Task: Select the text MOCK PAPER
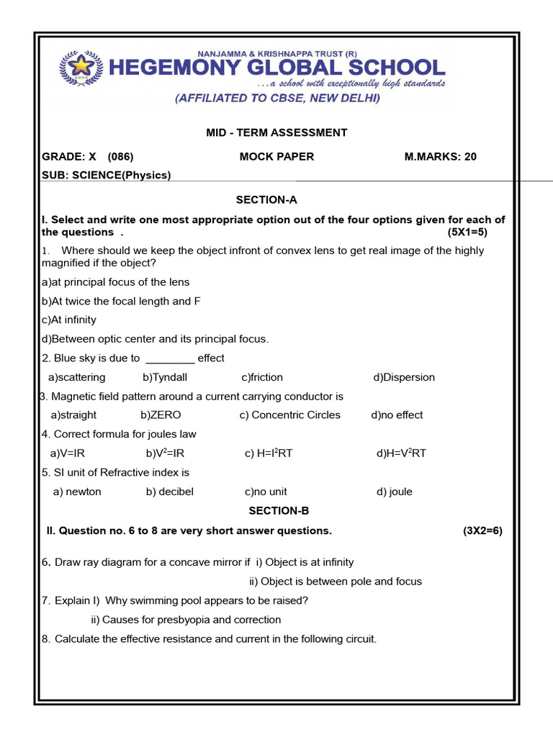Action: pyautogui.click(x=276, y=156)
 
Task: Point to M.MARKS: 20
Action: pyautogui.click(x=441, y=156)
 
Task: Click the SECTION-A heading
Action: pyautogui.click(x=266, y=200)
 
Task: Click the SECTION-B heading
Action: pyautogui.click(x=279, y=511)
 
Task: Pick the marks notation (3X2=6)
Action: pyautogui.click(x=482, y=531)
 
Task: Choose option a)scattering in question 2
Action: pyautogui.click(x=76, y=377)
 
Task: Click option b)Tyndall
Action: pyautogui.click(x=165, y=377)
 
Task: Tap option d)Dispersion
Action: pyautogui.click(x=404, y=377)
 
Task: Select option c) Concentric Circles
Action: pyautogui.click(x=290, y=415)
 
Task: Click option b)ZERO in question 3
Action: pyautogui.click(x=161, y=415)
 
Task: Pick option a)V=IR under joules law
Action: pyautogui.click(x=68, y=453)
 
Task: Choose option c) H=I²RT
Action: pyautogui.click(x=269, y=453)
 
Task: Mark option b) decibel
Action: pyautogui.click(x=169, y=492)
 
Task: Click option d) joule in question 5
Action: pyautogui.click(x=394, y=492)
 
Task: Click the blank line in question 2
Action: pyautogui.click(x=170, y=359)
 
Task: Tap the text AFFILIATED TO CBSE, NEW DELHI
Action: pyautogui.click(x=277, y=99)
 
